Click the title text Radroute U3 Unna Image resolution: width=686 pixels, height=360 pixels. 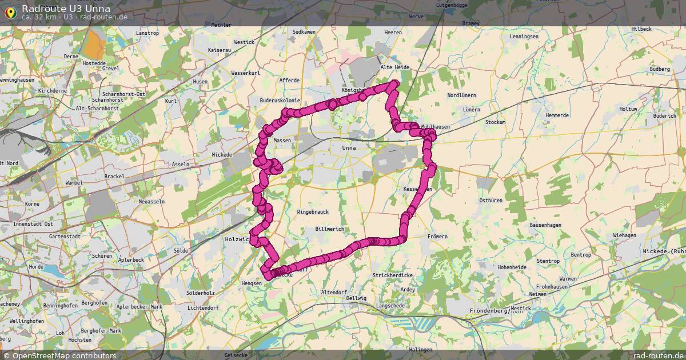pyautogui.click(x=66, y=8)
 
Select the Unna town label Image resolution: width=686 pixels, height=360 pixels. pyautogui.click(x=349, y=148)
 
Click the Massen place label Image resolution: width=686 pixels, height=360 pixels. pyautogui.click(x=282, y=140)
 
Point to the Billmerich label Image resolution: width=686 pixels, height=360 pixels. pyautogui.click(x=329, y=229)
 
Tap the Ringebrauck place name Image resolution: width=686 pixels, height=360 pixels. pyautogui.click(x=313, y=212)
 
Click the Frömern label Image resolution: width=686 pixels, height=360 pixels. pyautogui.click(x=437, y=236)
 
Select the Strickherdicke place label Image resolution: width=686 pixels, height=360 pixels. pyautogui.click(x=392, y=275)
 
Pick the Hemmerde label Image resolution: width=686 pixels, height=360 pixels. pyautogui.click(x=557, y=115)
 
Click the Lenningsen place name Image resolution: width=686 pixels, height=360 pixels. pyautogui.click(x=524, y=37)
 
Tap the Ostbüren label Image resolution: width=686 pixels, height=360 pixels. pyautogui.click(x=490, y=201)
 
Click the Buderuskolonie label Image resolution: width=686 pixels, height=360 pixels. pyautogui.click(x=280, y=100)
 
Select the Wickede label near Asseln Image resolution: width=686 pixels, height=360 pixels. pyautogui.click(x=222, y=155)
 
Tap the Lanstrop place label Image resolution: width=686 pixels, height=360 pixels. pyautogui.click(x=147, y=33)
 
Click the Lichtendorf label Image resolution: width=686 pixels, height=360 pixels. pyautogui.click(x=203, y=307)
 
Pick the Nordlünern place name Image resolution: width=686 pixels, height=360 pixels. pyautogui.click(x=462, y=95)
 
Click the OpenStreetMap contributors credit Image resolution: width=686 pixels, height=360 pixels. pyautogui.click(x=59, y=355)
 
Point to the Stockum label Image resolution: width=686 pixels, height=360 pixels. pyautogui.click(x=495, y=122)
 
